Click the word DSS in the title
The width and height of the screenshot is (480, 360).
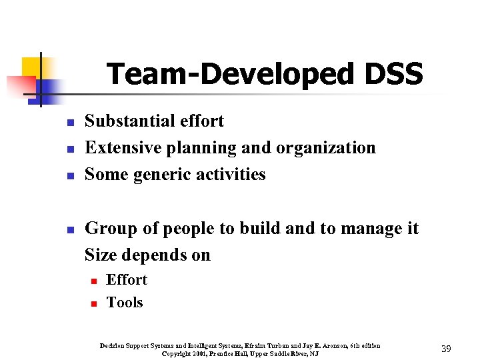(393, 74)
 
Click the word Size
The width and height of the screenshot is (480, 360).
(99, 255)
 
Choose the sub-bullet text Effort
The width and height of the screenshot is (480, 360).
(127, 280)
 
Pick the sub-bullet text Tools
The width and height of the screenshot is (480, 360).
(125, 303)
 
